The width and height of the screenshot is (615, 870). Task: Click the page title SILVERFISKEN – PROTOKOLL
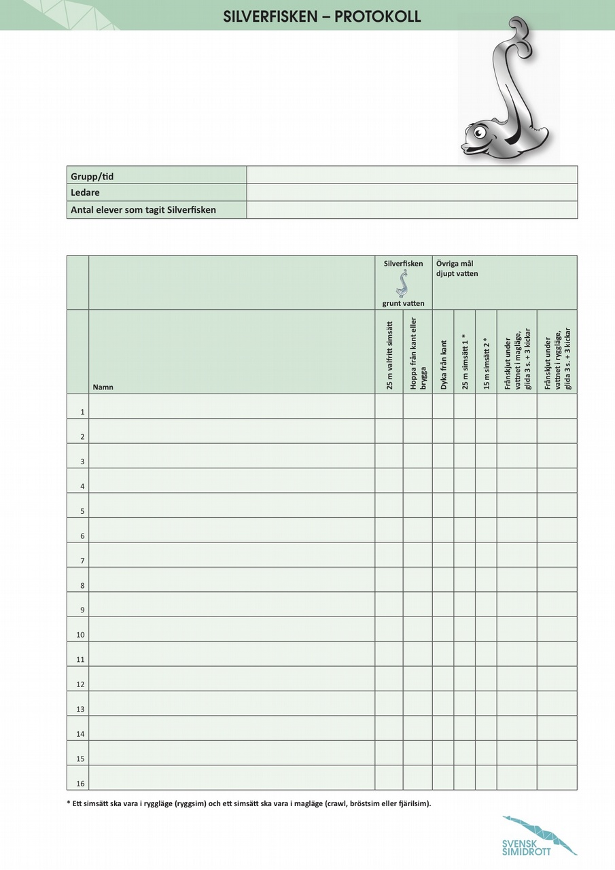click(x=322, y=17)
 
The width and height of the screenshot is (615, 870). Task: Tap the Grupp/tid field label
click(x=92, y=176)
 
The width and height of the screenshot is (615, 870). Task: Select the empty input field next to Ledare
click(x=412, y=192)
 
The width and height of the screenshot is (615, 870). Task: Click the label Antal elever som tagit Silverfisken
click(x=143, y=210)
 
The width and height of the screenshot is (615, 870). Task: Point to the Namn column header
click(x=103, y=387)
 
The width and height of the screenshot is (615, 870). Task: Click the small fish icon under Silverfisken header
click(x=404, y=283)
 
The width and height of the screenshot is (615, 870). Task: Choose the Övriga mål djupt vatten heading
click(x=457, y=268)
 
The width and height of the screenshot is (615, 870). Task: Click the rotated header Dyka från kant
click(x=444, y=364)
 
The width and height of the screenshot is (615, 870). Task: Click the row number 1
click(x=82, y=412)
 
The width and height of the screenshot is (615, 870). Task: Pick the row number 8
click(x=82, y=585)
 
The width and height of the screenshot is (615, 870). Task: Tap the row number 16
click(x=80, y=783)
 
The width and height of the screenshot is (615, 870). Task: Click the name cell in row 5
click(x=232, y=505)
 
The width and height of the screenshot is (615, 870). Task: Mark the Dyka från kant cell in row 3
click(x=443, y=455)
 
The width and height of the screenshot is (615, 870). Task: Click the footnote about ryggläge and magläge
click(x=249, y=803)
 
